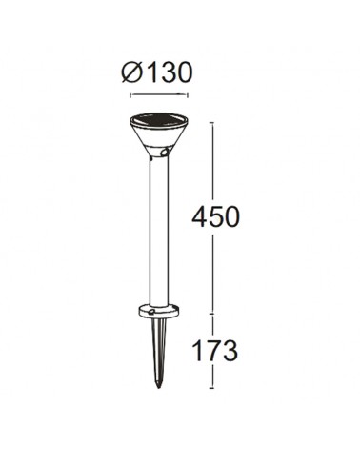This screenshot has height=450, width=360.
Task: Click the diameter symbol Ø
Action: [x=131, y=72]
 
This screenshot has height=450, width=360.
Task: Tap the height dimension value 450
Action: [x=215, y=217]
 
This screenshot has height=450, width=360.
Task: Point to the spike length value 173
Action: [x=215, y=351]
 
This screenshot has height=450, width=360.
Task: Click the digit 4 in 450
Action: [x=199, y=217]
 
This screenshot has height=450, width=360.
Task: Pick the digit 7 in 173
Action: [x=215, y=351]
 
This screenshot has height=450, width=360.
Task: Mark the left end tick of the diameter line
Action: [x=130, y=95]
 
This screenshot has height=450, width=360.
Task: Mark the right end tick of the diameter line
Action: [x=188, y=95]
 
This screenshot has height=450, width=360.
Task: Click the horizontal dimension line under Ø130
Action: [x=159, y=94]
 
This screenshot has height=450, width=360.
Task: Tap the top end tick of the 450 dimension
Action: [x=212, y=123]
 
